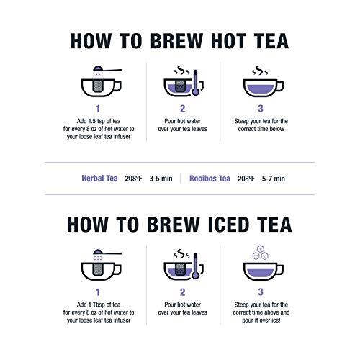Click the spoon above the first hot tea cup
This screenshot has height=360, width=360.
(108, 71)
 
